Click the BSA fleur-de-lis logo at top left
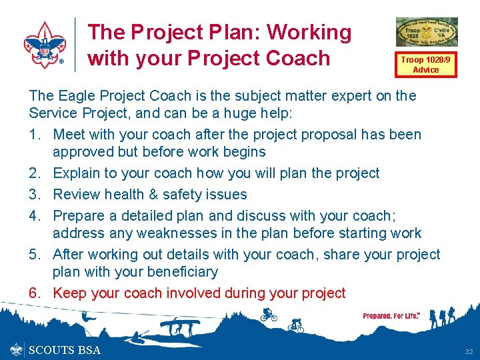pos(44,45)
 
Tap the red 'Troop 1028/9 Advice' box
pos(425,64)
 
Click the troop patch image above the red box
pos(427,32)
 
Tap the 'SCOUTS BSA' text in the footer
pos(65,350)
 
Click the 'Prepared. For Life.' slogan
pos(391,316)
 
